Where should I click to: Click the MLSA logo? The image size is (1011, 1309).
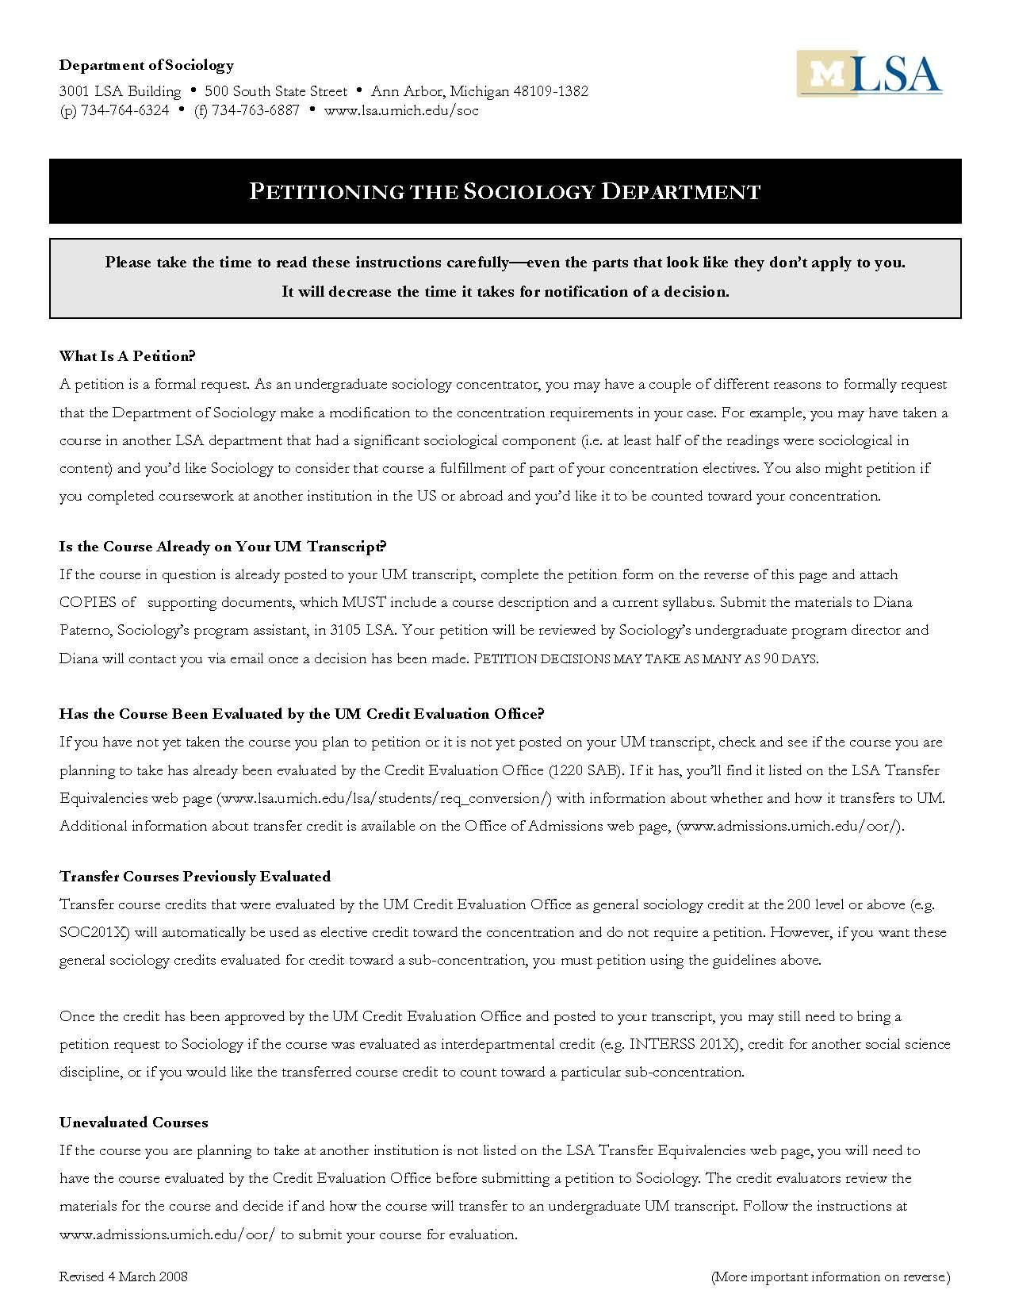[x=869, y=74]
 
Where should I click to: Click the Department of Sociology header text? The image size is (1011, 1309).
[x=147, y=65]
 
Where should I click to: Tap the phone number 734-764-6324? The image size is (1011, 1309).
[x=124, y=110]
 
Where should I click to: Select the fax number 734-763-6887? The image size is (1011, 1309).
[x=255, y=110]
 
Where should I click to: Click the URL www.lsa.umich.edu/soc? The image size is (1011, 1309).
[x=401, y=110]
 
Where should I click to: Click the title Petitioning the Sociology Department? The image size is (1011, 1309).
[x=505, y=191]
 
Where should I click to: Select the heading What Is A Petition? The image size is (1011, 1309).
[x=127, y=355]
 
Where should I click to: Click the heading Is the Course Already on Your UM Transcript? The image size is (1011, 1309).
[x=223, y=547]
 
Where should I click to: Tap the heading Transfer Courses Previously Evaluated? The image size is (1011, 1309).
[x=195, y=877]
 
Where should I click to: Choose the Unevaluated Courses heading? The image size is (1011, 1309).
[x=134, y=1123]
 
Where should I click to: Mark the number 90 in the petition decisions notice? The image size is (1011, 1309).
[x=772, y=658]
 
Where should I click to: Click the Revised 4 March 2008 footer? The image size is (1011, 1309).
[x=124, y=1276]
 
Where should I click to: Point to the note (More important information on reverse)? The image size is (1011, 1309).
[x=829, y=1276]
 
